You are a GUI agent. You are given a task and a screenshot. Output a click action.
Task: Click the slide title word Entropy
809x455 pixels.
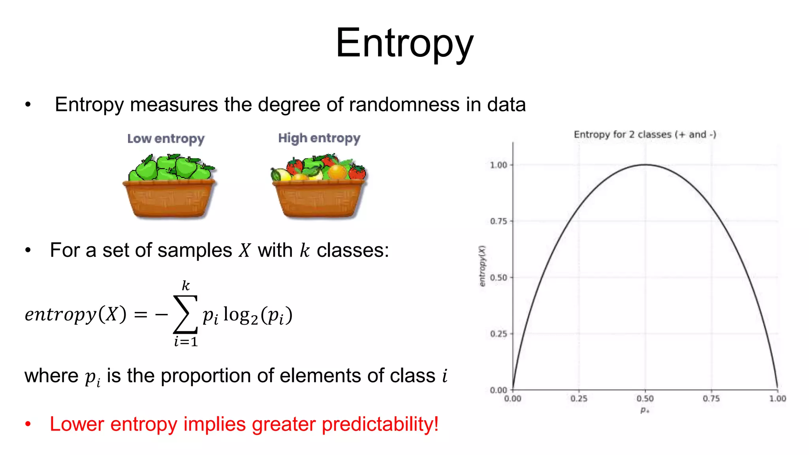click(x=404, y=43)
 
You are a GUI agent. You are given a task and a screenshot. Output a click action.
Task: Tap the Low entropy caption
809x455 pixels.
click(x=166, y=139)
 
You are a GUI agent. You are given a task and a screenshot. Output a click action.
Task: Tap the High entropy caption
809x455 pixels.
click(x=319, y=138)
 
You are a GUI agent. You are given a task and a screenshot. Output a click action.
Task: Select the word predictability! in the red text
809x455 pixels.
click(x=380, y=424)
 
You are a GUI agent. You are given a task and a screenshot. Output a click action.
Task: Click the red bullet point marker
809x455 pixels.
click(x=28, y=424)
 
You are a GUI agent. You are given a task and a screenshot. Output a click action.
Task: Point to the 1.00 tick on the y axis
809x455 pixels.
click(x=499, y=165)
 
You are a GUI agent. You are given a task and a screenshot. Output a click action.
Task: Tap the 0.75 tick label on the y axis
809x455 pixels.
click(x=499, y=221)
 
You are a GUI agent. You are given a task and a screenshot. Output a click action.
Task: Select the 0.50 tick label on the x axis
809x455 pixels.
click(x=645, y=399)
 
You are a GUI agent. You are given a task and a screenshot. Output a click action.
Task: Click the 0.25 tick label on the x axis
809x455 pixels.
click(x=579, y=399)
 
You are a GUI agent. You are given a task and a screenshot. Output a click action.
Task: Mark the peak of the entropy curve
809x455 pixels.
click(x=645, y=165)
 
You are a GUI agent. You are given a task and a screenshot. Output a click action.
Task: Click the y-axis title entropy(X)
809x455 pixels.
click(x=482, y=265)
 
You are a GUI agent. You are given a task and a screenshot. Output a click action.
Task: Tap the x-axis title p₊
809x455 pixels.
click(x=645, y=410)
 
